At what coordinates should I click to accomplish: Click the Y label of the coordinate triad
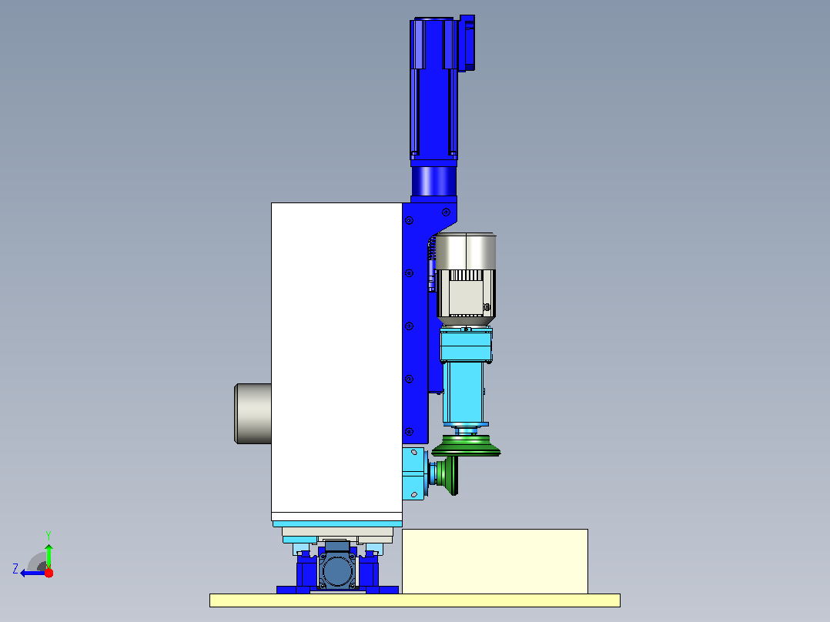coord(49,535)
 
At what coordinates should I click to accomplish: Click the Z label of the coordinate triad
coord(15,569)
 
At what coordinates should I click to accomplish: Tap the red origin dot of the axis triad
coord(49,573)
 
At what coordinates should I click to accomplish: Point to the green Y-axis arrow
coord(49,556)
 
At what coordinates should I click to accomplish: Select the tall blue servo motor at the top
coord(433,89)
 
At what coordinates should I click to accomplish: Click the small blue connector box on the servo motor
coord(467,43)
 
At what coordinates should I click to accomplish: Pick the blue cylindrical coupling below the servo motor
coord(434,181)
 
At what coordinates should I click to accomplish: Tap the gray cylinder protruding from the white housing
coord(253,414)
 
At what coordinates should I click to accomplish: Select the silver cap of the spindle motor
coord(465,251)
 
